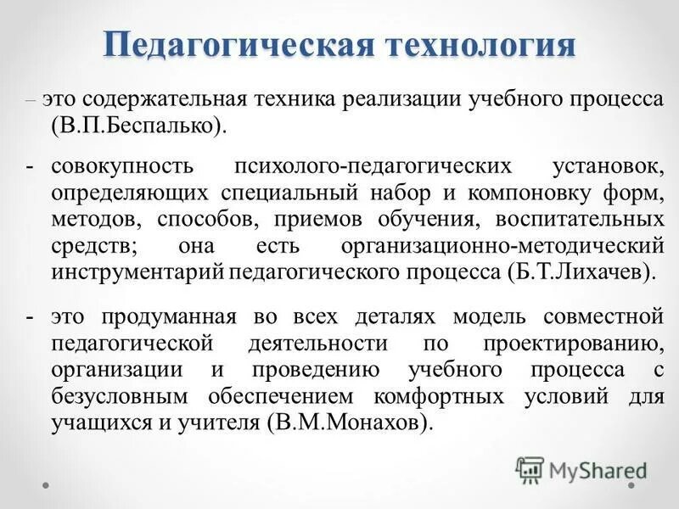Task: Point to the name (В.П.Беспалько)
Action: coord(140,125)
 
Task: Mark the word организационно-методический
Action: coord(502,246)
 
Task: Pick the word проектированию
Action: coord(585,344)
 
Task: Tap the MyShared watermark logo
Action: coord(581,470)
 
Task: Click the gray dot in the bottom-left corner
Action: coord(47,484)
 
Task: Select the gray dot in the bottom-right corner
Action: coord(632,484)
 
